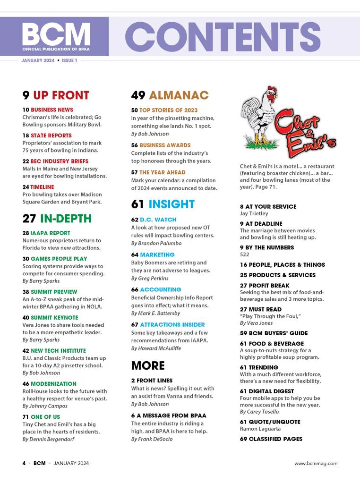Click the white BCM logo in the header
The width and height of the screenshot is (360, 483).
[55, 34]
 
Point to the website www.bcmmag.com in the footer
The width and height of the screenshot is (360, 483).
[316, 464]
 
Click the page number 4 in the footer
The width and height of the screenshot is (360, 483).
[24, 464]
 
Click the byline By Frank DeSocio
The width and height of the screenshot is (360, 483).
[153, 439]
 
